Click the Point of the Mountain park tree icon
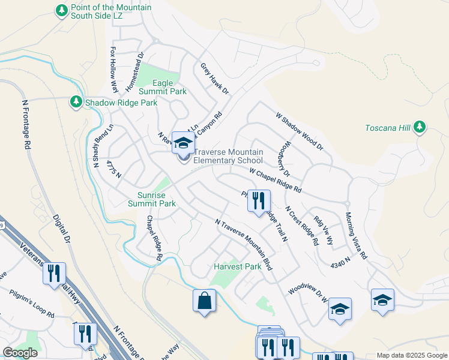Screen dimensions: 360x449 tap(61, 10)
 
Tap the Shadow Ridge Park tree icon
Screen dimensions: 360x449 tap(76, 103)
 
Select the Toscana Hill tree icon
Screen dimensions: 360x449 tap(420, 127)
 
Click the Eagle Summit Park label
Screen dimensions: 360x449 tap(163, 87)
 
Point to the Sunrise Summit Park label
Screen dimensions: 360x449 tap(152, 199)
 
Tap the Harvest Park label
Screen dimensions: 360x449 tap(238, 266)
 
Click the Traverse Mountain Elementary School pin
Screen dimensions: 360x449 tap(183, 144)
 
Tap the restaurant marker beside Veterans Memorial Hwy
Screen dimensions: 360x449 tap(55, 274)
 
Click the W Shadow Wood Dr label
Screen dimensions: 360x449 tap(299, 131)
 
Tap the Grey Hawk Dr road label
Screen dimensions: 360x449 tap(215, 79)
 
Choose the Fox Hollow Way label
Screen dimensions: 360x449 tap(113, 71)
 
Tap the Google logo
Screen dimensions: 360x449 tap(20, 352)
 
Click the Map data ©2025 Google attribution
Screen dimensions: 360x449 tap(411, 355)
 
